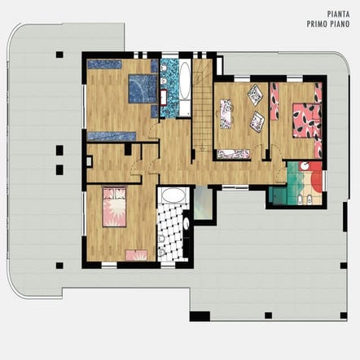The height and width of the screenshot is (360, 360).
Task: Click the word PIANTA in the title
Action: click(338, 14)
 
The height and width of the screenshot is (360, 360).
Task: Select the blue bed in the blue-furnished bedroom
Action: click(143, 89)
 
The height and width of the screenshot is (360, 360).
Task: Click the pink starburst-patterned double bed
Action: click(114, 207)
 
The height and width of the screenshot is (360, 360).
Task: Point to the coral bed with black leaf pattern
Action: click(307, 121)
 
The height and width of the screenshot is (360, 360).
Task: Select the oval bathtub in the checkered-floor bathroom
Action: click(173, 195)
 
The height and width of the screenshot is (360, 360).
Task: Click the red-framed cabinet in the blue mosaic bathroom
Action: click(163, 98)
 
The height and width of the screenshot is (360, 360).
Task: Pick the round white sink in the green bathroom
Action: click(305, 165)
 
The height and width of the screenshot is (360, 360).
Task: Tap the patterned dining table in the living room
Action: click(226, 114)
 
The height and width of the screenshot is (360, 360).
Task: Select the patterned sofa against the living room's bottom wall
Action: click(234, 155)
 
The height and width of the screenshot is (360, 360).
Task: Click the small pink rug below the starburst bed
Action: click(136, 255)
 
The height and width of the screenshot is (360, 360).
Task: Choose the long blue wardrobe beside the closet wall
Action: click(112, 136)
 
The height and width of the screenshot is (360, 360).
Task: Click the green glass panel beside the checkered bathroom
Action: click(203, 204)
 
